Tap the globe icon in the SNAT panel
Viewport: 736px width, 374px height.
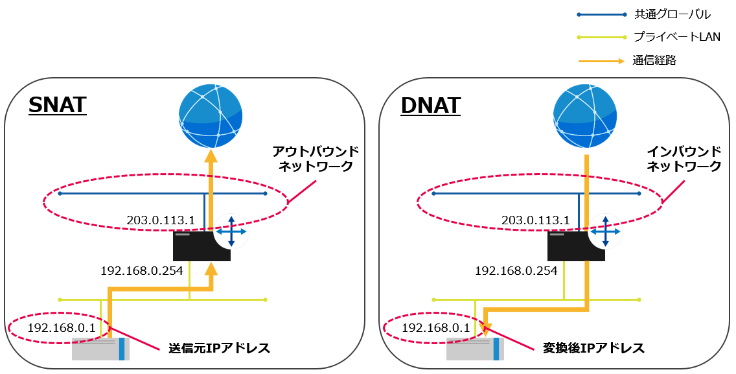[x=211, y=117]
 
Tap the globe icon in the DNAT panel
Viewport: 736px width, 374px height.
[x=585, y=117]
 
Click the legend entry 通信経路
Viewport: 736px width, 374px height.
[x=654, y=60]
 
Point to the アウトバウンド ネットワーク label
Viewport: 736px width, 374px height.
[x=315, y=159]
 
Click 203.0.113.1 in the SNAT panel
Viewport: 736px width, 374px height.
[x=161, y=220]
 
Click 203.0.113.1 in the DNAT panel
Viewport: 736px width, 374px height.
[x=535, y=220]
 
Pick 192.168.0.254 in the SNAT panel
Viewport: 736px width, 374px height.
[x=141, y=270]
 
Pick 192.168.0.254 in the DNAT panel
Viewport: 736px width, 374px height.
[x=516, y=270]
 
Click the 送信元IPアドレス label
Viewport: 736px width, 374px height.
[x=219, y=348]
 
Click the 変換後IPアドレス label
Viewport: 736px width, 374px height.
[x=593, y=348]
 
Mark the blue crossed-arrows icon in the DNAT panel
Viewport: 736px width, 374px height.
[x=605, y=231]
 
